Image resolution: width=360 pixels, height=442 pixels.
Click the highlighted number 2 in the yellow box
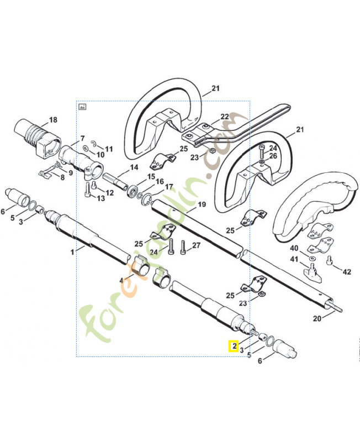(x=235, y=346)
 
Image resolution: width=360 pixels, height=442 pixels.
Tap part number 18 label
(x=53, y=120)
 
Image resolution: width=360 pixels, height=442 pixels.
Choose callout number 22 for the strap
(x=225, y=117)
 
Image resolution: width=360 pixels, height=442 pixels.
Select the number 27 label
(x=196, y=245)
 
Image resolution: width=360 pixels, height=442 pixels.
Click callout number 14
(x=134, y=167)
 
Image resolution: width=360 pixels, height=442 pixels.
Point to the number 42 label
(x=347, y=271)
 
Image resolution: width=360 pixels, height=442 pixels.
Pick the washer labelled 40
(x=313, y=259)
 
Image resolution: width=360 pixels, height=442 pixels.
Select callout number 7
(x=82, y=138)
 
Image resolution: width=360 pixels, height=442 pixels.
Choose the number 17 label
(x=168, y=187)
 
